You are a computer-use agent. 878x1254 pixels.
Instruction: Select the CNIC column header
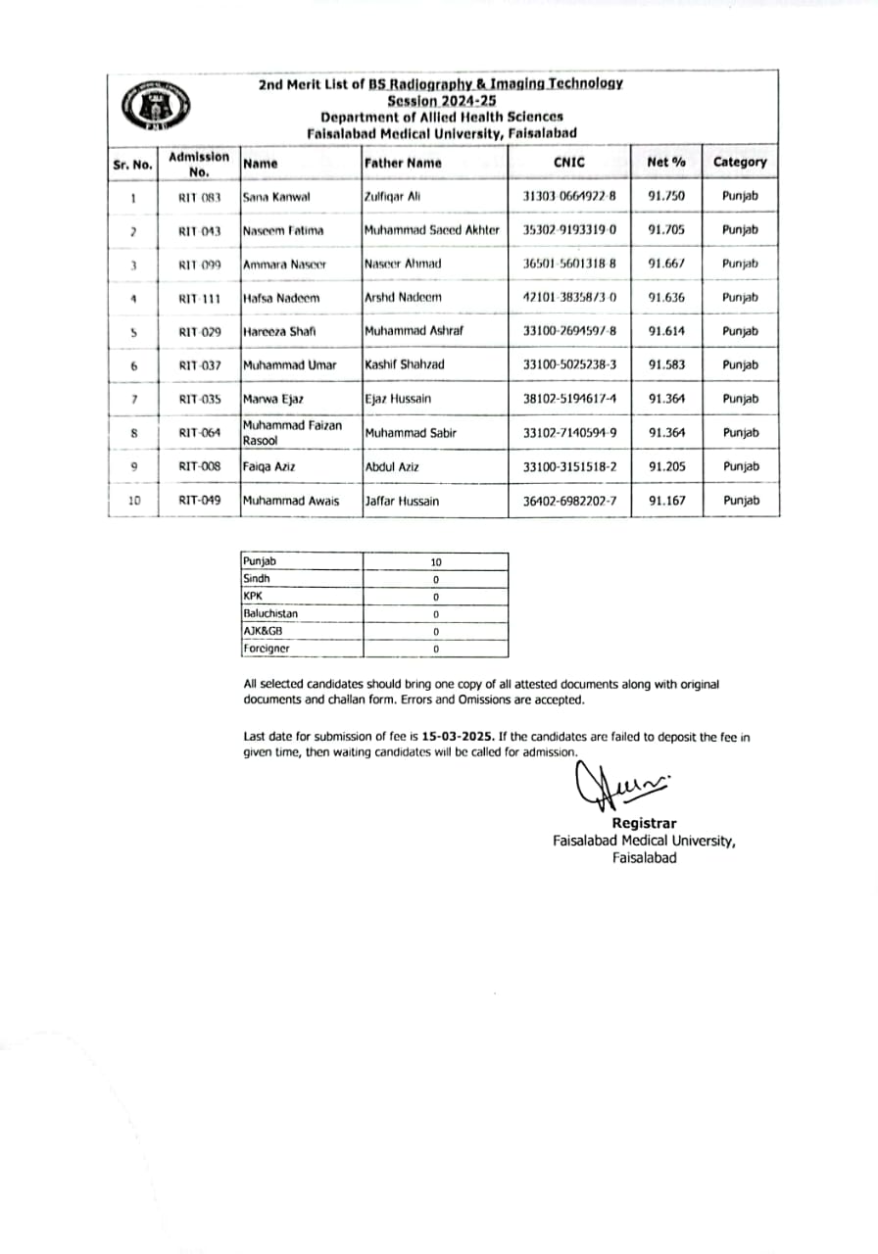click(568, 163)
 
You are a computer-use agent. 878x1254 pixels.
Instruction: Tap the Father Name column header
click(403, 163)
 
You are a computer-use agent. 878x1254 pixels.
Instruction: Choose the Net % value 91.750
click(666, 196)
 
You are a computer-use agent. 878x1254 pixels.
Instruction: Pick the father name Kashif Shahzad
click(404, 364)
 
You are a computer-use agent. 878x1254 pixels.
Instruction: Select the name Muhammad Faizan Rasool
click(291, 432)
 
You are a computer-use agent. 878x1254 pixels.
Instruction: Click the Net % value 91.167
click(666, 501)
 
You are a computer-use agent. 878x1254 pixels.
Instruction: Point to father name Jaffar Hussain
click(402, 501)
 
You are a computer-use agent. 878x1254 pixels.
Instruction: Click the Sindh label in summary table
click(257, 579)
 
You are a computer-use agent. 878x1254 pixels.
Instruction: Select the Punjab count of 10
click(436, 562)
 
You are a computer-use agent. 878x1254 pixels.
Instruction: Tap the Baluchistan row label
click(270, 613)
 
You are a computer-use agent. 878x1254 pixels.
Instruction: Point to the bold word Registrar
click(644, 823)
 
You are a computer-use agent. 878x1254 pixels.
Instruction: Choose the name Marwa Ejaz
click(273, 399)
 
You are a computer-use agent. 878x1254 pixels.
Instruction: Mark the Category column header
click(740, 162)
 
